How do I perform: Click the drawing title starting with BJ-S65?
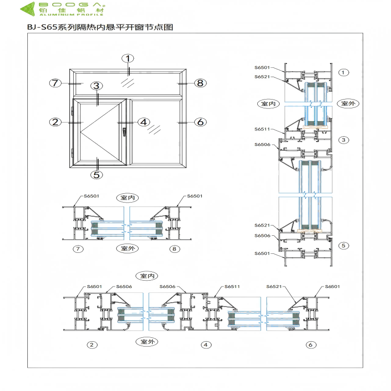97,27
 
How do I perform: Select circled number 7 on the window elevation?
55,83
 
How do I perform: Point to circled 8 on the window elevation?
200,83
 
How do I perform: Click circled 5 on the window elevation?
97,174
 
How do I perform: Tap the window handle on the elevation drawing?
124,131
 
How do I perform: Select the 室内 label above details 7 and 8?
127,197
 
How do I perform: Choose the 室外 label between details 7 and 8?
127,248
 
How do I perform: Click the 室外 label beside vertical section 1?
348,103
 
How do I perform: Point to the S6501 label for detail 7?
91,196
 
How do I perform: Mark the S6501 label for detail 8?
194,196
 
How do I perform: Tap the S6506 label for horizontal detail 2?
124,287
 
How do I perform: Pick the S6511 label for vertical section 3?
262,129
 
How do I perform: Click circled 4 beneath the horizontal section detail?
206,345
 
